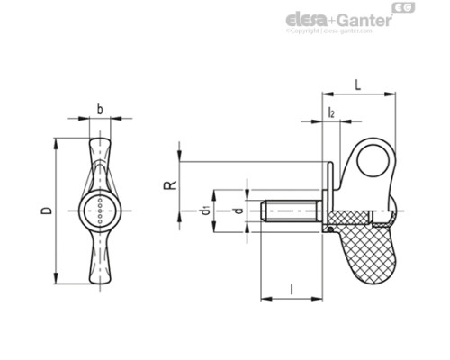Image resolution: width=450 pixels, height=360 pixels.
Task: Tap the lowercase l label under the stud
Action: (x=293, y=289)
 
